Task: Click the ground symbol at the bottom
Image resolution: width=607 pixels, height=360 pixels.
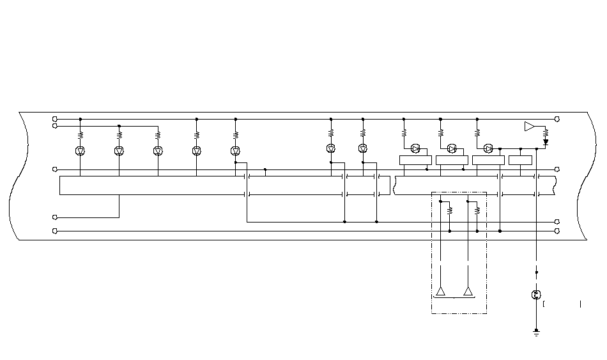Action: tap(536, 332)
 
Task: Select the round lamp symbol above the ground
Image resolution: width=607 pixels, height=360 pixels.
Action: tap(536, 295)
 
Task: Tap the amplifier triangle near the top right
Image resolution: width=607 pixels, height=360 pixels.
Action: tap(529, 126)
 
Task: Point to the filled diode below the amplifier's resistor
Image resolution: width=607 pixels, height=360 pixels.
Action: tap(546, 142)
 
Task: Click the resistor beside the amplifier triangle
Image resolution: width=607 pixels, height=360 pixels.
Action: tap(546, 132)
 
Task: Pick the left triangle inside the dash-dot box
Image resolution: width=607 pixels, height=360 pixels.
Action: tap(441, 292)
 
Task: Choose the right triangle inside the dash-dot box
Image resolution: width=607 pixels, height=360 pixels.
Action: tap(468, 292)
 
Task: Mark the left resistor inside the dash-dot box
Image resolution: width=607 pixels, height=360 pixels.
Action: tap(450, 209)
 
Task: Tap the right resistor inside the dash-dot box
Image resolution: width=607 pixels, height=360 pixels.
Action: tap(477, 209)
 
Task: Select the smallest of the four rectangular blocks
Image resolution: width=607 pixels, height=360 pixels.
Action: tap(520, 160)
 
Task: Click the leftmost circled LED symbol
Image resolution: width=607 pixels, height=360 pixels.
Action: tap(81, 151)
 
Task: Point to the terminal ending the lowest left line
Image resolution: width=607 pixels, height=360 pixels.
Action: tap(55, 230)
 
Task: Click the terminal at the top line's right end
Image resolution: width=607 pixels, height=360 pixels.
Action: tap(557, 119)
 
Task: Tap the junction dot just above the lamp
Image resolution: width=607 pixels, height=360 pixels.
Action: tap(536, 272)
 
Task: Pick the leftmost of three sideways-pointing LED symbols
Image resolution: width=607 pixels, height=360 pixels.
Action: tap(415, 148)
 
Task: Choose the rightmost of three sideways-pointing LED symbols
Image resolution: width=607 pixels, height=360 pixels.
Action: tap(488, 148)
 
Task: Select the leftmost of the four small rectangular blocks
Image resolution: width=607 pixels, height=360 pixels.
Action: tap(415, 160)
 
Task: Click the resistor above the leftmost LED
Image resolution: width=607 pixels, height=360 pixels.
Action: tap(81, 135)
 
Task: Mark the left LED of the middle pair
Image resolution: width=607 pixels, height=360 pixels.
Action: tap(331, 148)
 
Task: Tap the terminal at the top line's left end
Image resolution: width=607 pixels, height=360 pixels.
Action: tap(55, 119)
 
